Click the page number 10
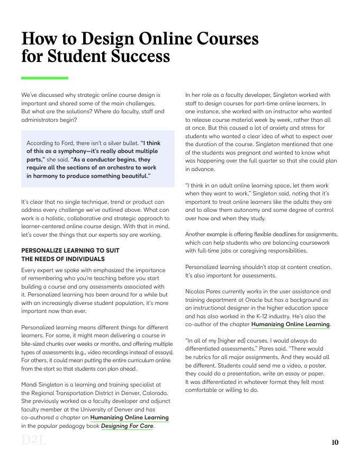point(335,443)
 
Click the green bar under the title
point(44,78)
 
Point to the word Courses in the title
point(220,39)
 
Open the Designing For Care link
point(127,426)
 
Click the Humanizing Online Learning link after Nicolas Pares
point(291,324)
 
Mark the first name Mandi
point(30,384)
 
